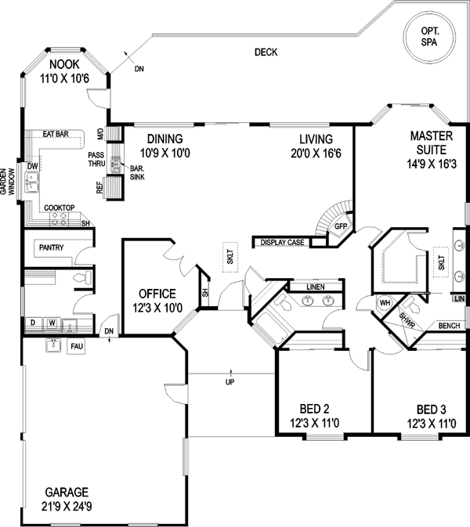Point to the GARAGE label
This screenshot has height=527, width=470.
click(x=67, y=491)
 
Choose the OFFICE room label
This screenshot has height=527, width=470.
click(x=155, y=294)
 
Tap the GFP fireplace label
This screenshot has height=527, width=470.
click(x=341, y=226)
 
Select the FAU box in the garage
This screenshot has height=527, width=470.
click(x=76, y=346)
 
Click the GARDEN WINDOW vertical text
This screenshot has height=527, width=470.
click(x=7, y=184)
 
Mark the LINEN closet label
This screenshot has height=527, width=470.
click(x=315, y=287)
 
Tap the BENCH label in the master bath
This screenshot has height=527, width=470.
click(x=448, y=326)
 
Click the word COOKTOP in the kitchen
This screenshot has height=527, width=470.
click(x=59, y=208)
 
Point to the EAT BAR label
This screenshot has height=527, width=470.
click(x=56, y=135)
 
